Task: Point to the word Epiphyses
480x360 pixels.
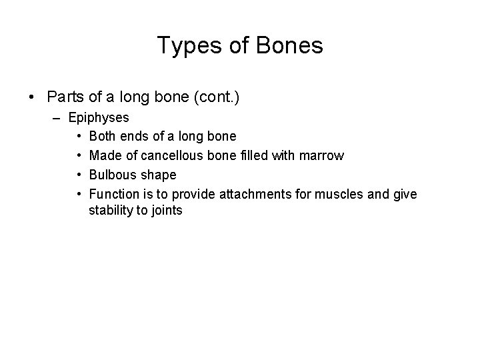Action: pyautogui.click(x=99, y=117)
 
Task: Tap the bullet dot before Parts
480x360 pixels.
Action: pyautogui.click(x=33, y=97)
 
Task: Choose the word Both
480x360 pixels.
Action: pyautogui.click(x=102, y=137)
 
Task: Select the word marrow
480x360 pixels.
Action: pyautogui.click(x=322, y=156)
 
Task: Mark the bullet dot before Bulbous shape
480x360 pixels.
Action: pyautogui.click(x=79, y=175)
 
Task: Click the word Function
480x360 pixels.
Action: pyautogui.click(x=112, y=195)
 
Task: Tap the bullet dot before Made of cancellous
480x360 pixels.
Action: pyautogui.click(x=79, y=156)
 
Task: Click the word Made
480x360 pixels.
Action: pyautogui.click(x=103, y=156)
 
